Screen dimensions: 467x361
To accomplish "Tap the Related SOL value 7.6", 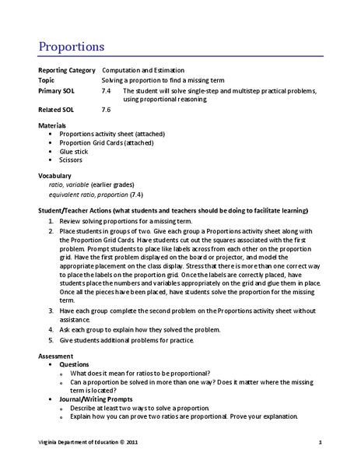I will (107, 110).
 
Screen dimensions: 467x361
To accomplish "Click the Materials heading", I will (52, 125).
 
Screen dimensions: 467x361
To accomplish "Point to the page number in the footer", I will (319, 443).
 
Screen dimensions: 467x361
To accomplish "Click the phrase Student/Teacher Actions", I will (75, 212).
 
